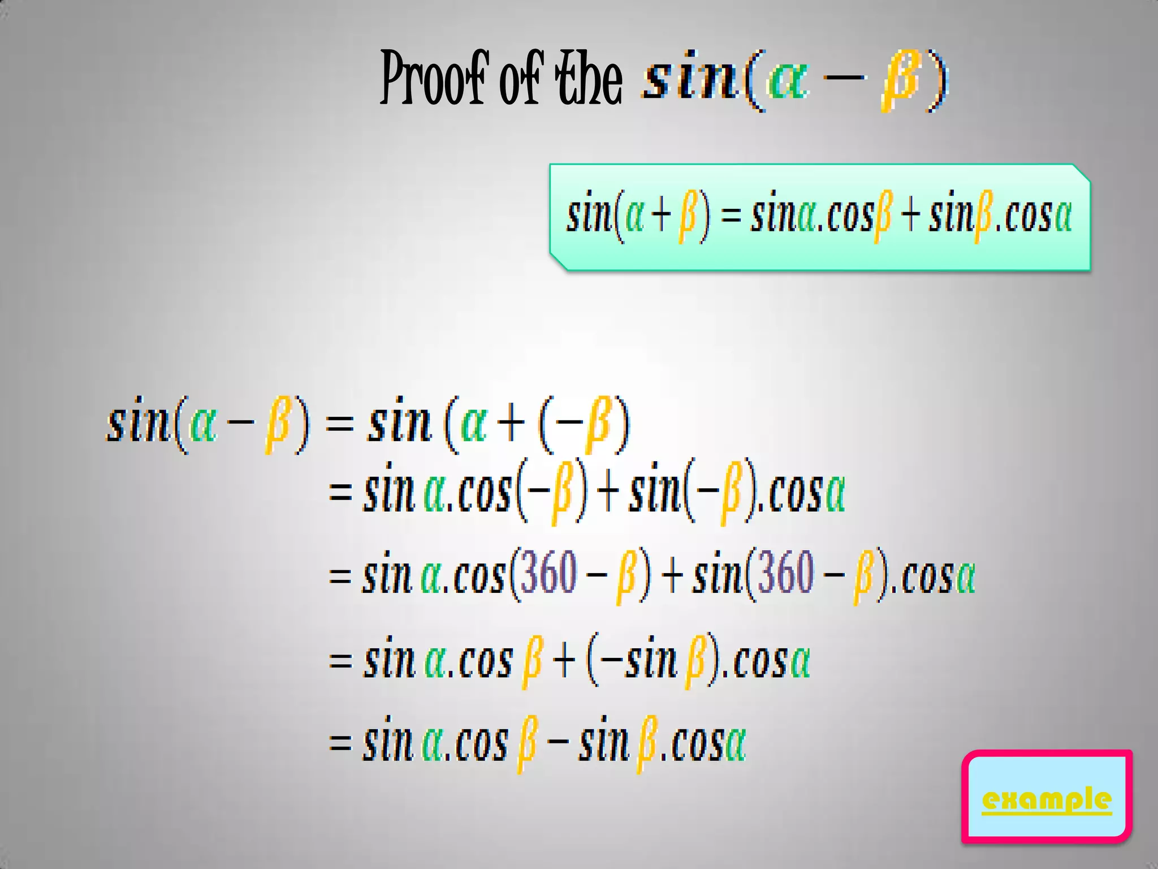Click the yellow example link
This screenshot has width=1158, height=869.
(1047, 800)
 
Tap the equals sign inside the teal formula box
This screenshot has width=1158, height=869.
(731, 216)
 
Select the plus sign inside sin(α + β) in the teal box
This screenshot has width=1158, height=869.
(660, 216)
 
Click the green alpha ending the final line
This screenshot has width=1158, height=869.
(735, 743)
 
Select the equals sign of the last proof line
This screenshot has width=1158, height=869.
(340, 743)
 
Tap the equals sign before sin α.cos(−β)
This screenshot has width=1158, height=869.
(340, 492)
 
